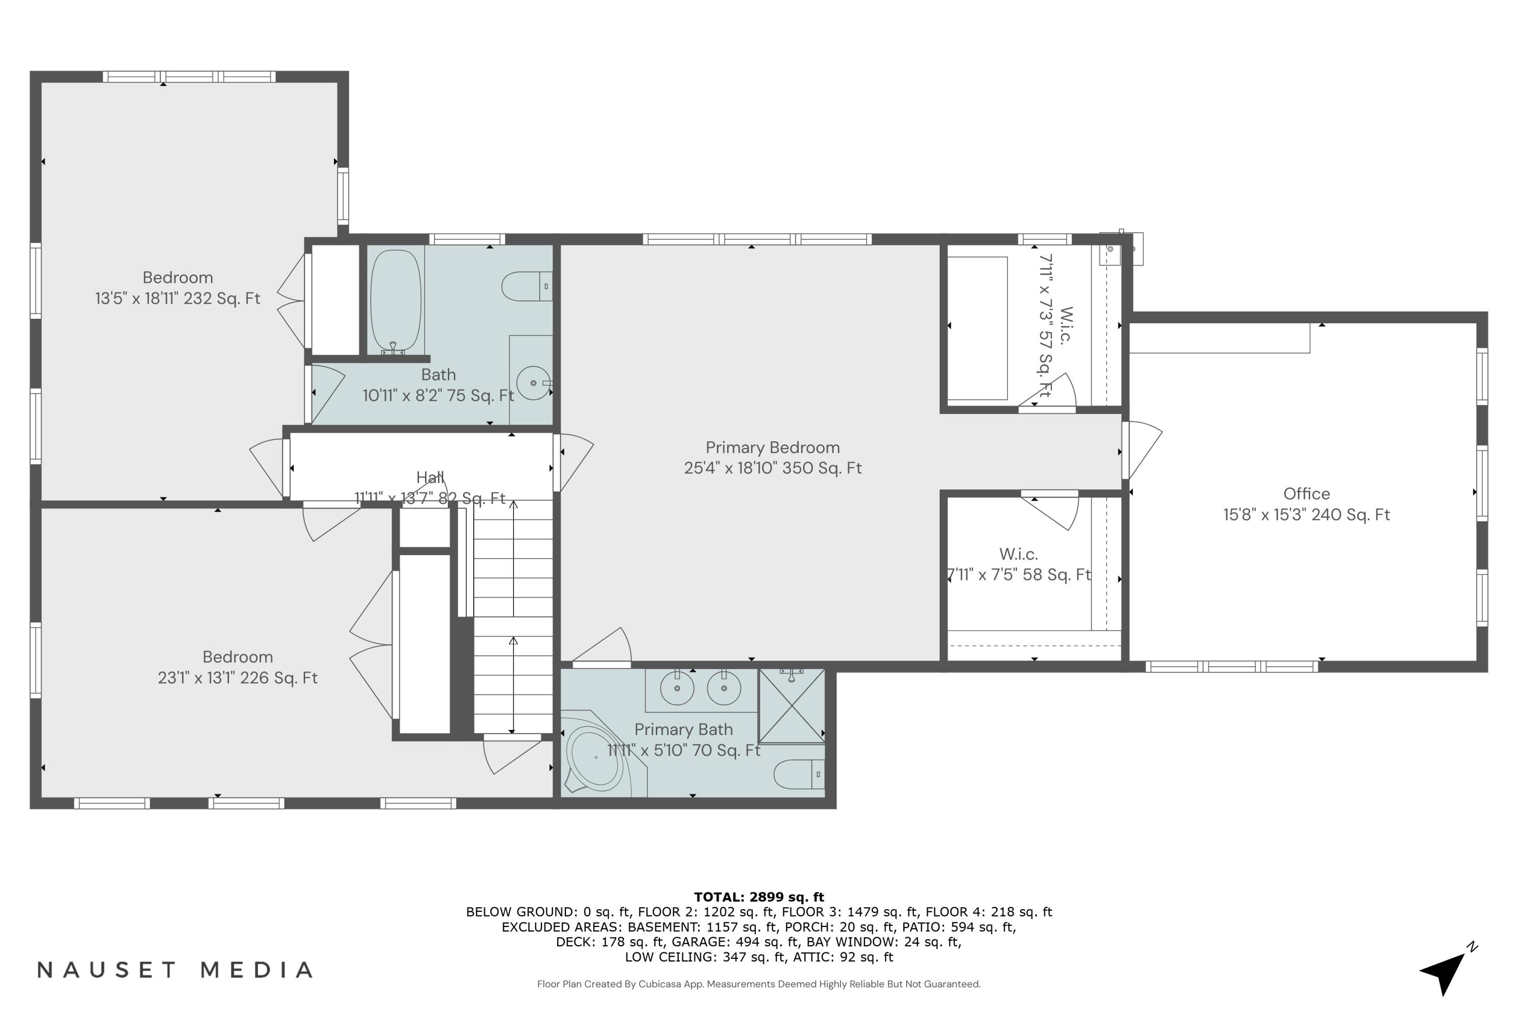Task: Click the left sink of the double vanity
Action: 677,688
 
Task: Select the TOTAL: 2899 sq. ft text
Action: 758,897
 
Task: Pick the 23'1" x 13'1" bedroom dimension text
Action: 237,679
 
